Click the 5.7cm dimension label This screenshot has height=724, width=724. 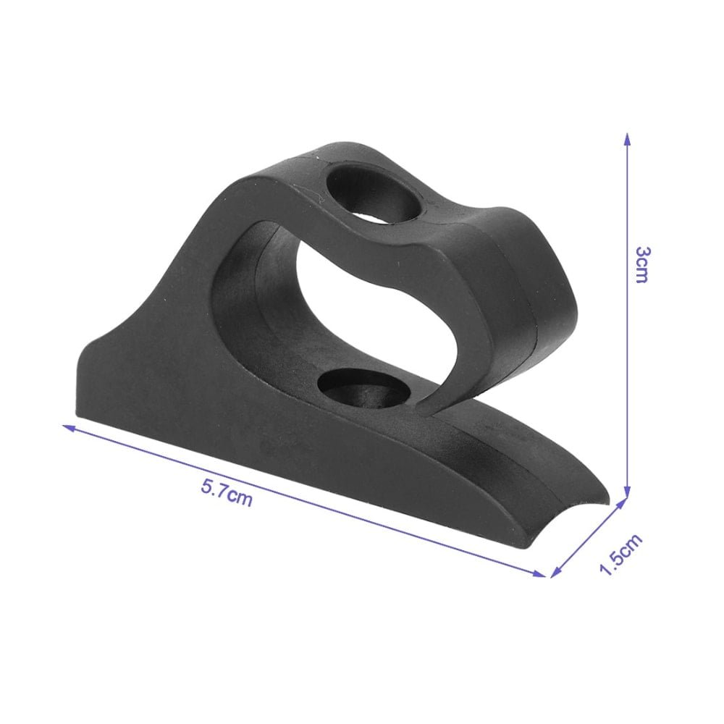pos(227,493)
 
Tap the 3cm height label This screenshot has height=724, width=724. pos(642,264)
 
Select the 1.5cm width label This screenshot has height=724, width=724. pos(620,554)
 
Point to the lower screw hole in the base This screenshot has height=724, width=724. pos(365,388)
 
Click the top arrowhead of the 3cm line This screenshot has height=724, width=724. pos(626,139)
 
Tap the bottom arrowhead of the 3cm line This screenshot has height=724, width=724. pos(626,492)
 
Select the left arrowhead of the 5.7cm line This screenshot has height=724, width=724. pos(68,427)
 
